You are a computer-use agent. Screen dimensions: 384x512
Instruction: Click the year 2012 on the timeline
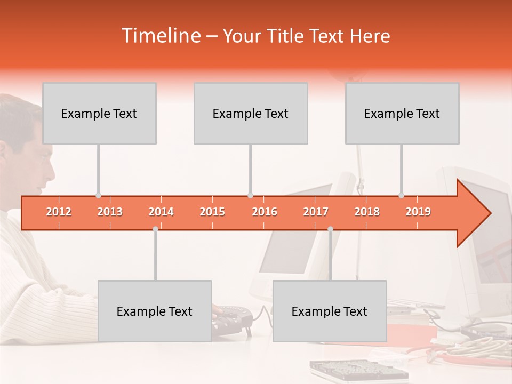click(x=59, y=212)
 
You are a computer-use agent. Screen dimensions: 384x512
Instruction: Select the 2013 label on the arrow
click(x=110, y=212)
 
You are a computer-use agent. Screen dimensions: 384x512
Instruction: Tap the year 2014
click(x=161, y=212)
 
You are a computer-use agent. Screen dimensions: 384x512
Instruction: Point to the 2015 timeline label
click(x=212, y=212)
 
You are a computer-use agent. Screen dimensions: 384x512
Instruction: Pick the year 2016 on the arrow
click(x=265, y=212)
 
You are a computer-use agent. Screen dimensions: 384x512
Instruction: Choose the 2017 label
click(x=316, y=212)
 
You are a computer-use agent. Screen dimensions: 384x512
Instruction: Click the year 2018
click(x=367, y=212)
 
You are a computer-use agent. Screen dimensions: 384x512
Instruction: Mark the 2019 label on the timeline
click(x=418, y=212)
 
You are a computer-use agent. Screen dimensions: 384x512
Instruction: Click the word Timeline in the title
click(x=160, y=36)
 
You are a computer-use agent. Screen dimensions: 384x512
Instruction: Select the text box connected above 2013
click(x=99, y=113)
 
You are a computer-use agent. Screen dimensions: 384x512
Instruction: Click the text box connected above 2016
click(x=251, y=113)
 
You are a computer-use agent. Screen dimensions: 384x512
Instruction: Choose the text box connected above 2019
click(x=402, y=113)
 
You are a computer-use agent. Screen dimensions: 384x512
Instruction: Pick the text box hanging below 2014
click(x=155, y=311)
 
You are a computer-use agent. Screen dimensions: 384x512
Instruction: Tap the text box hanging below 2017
click(x=330, y=311)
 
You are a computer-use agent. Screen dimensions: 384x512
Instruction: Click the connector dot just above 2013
click(x=98, y=196)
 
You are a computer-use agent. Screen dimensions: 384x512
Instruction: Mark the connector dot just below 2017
click(x=330, y=229)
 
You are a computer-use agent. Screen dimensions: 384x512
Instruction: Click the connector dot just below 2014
click(x=155, y=229)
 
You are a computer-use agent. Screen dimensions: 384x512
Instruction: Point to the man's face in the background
click(x=40, y=160)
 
